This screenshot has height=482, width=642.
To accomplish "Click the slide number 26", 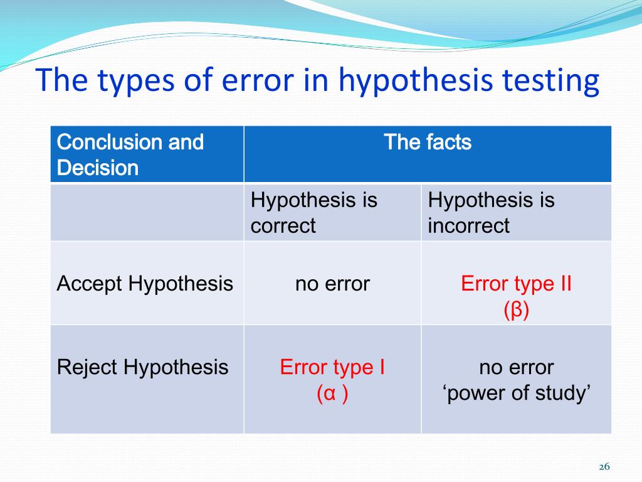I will [x=604, y=466].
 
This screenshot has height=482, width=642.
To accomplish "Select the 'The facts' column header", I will [x=427, y=142].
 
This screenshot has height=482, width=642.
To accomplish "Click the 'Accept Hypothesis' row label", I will [x=145, y=284].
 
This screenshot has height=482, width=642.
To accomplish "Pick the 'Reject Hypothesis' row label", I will [x=143, y=367].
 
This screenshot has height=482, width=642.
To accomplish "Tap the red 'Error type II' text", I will [x=516, y=284].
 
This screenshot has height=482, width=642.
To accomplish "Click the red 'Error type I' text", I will [x=332, y=367].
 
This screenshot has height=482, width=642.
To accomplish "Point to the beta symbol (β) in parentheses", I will [x=516, y=311].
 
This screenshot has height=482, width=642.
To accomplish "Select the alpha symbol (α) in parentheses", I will [x=329, y=394].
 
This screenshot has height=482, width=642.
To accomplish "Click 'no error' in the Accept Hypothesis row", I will [x=332, y=284].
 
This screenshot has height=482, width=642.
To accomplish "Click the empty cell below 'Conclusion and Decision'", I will [x=147, y=213].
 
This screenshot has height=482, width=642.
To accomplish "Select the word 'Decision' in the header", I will [x=98, y=168].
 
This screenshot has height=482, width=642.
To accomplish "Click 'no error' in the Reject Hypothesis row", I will [x=516, y=367].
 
